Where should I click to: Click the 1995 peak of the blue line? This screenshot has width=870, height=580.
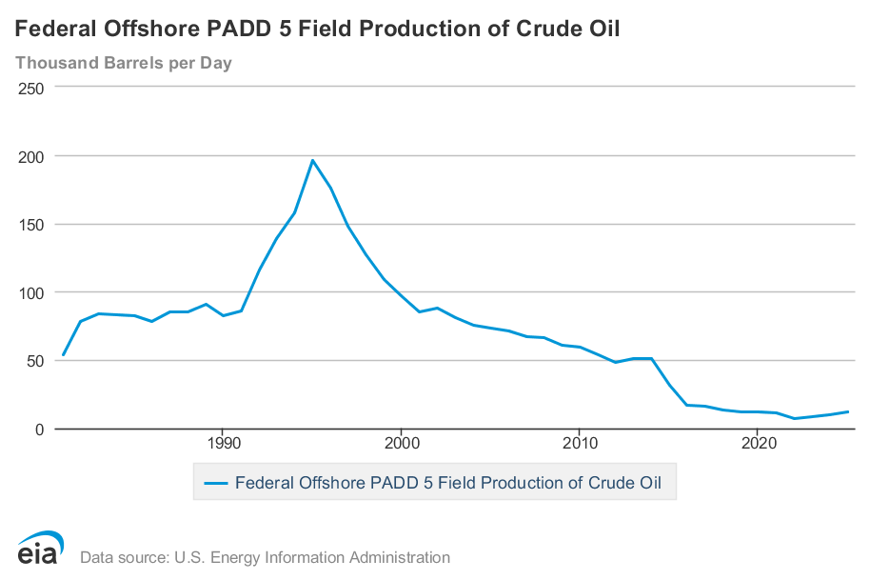[x=312, y=160]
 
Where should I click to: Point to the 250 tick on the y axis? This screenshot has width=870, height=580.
[x=31, y=88]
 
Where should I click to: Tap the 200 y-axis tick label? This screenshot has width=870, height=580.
[x=31, y=156]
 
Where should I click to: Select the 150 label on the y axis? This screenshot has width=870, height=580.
[x=31, y=225]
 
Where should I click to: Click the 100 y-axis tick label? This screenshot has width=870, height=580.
[x=31, y=292]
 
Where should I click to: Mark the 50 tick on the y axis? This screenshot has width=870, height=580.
[x=36, y=361]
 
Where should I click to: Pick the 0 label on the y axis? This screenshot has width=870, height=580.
[x=40, y=430]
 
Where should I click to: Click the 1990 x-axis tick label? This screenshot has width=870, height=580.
[x=223, y=445]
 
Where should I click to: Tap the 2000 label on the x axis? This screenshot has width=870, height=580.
[x=401, y=445]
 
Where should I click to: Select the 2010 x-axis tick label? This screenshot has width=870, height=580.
[x=580, y=445]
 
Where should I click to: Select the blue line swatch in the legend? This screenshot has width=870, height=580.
[x=216, y=483]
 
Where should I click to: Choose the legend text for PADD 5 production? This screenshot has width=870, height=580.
[x=448, y=483]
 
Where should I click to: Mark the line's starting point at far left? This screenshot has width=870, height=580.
[x=63, y=355]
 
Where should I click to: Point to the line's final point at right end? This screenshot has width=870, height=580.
[x=848, y=411]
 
